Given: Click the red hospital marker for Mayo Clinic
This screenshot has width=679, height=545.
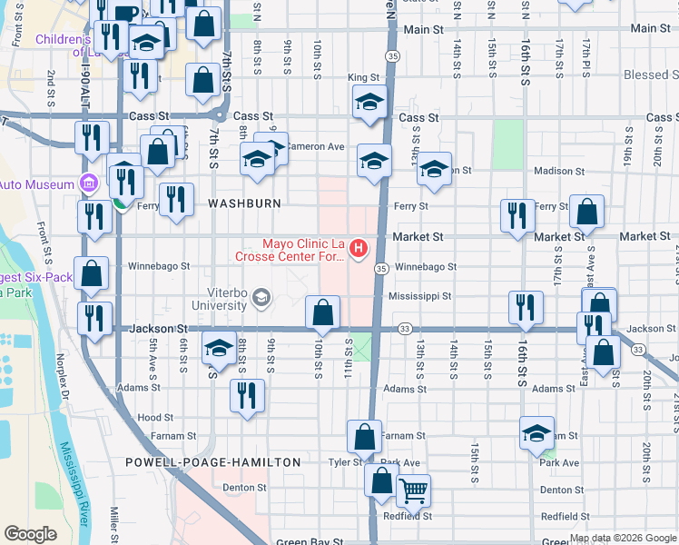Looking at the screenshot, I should pyautogui.click(x=359, y=247).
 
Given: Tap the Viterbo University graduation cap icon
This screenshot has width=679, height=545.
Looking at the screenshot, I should pyautogui.click(x=261, y=298).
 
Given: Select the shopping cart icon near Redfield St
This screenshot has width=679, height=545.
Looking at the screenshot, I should pyautogui.click(x=413, y=491).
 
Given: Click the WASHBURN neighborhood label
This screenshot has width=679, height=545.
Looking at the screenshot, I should pyautogui.click(x=244, y=203).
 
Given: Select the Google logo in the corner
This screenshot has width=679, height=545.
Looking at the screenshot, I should pyautogui.click(x=30, y=534).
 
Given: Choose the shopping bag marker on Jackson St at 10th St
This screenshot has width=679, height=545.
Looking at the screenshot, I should pyautogui.click(x=322, y=313).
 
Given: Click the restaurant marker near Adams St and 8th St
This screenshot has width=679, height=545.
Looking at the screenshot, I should pyautogui.click(x=246, y=394).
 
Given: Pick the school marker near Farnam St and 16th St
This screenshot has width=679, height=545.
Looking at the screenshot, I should pyautogui.click(x=537, y=433).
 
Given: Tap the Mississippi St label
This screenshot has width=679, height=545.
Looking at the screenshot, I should pyautogui.click(x=419, y=296).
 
